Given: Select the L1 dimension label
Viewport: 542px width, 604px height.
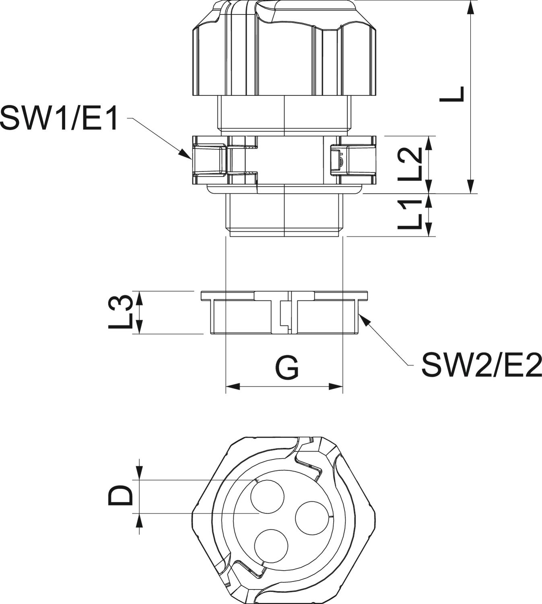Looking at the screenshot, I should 410,215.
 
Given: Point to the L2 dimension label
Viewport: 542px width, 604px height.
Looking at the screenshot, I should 410,164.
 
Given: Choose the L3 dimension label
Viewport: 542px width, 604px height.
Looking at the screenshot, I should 120,312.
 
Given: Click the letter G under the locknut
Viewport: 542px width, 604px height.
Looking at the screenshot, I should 287,368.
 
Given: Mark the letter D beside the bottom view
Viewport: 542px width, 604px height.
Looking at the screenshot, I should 120,496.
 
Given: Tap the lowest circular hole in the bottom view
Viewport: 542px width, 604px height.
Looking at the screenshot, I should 272,546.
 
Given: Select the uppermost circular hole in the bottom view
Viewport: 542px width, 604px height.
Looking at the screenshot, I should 268,496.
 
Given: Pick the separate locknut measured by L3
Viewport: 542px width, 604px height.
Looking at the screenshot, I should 284,312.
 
